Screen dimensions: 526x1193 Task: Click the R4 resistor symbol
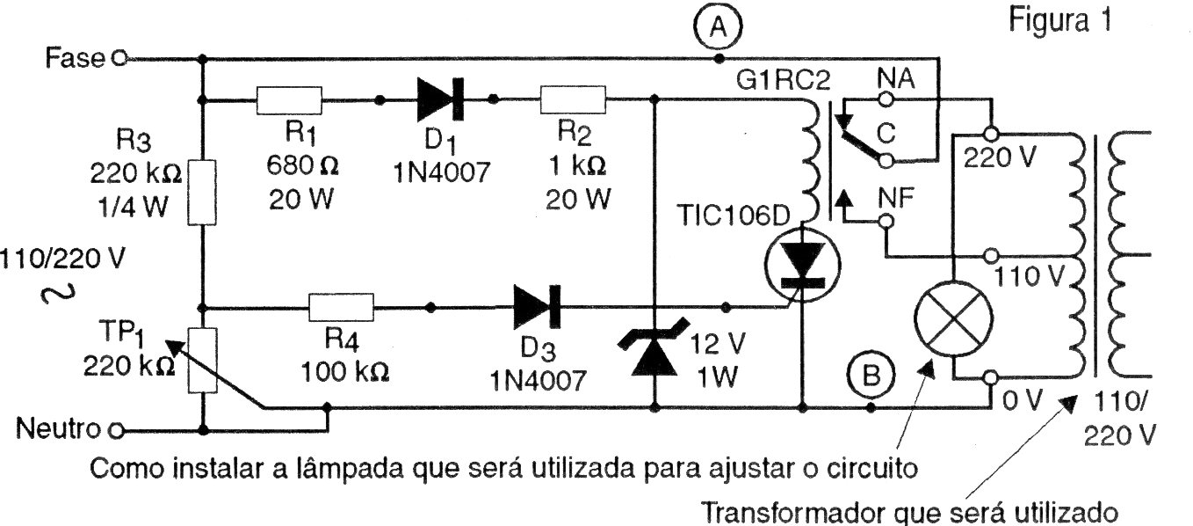(x=342, y=307)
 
